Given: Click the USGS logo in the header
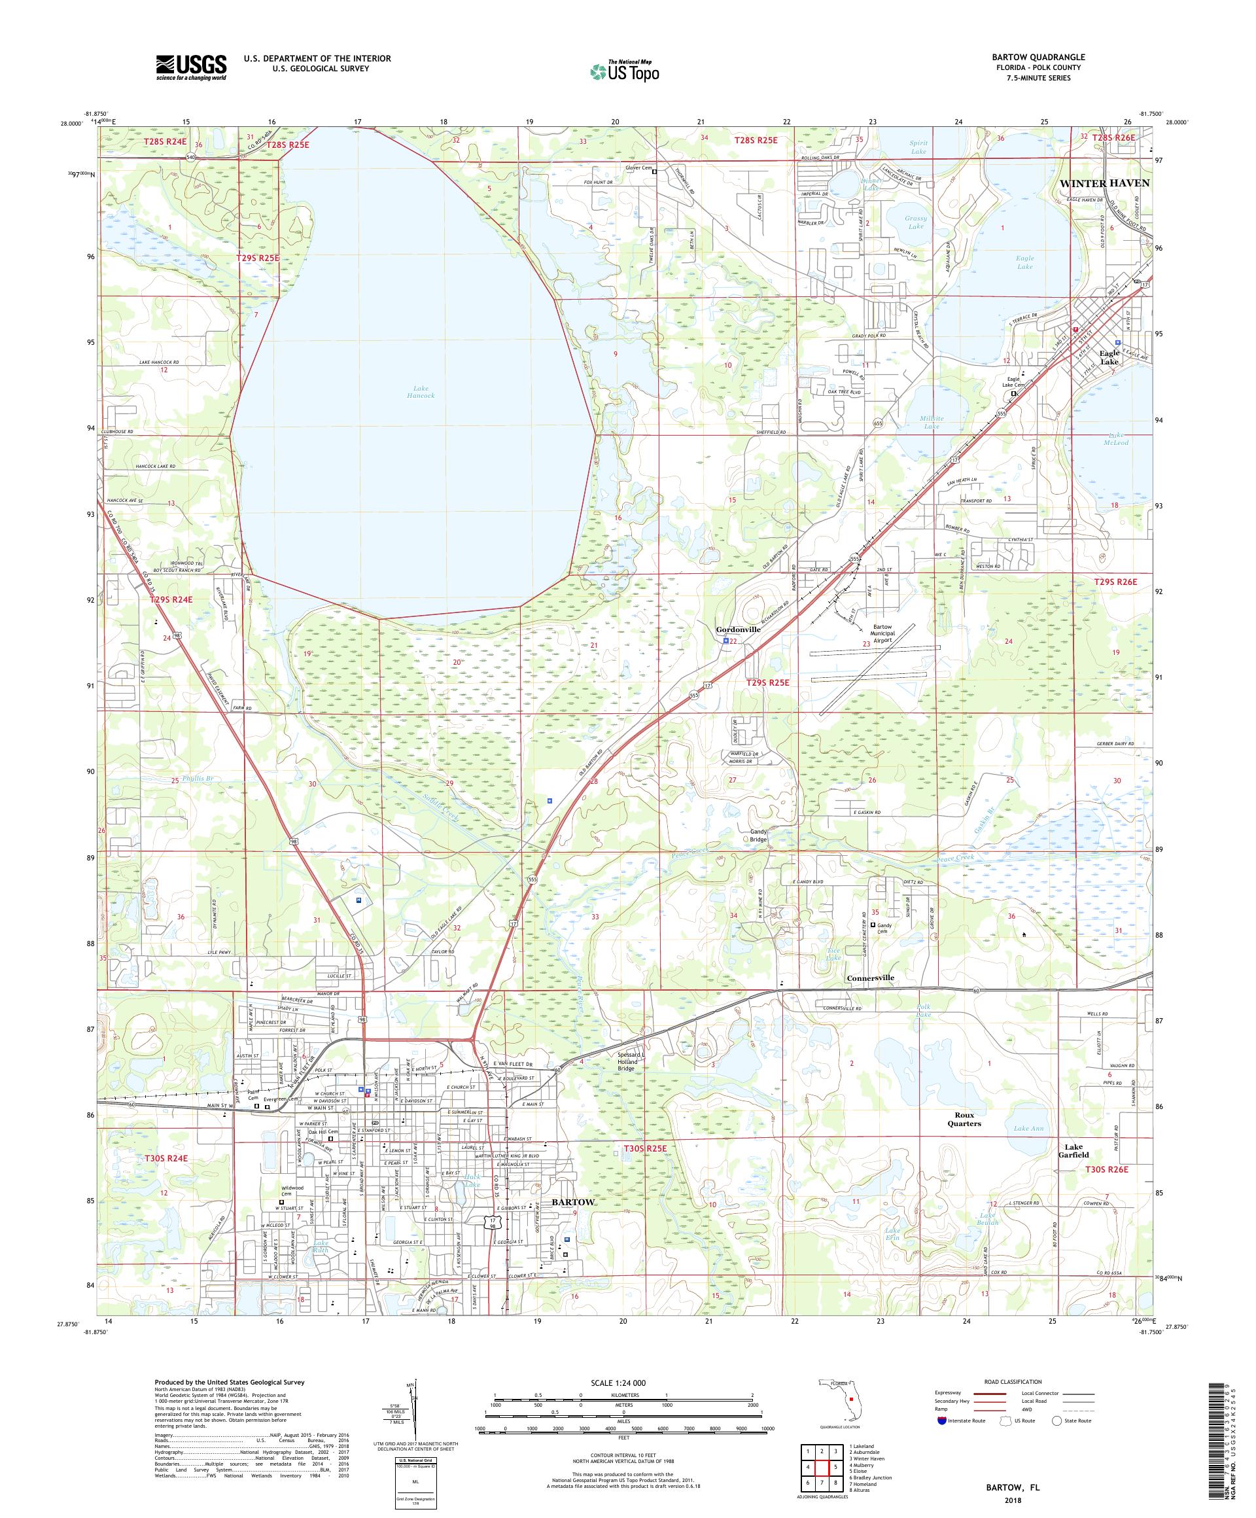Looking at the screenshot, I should (191, 68).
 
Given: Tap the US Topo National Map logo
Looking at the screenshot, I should (625, 71).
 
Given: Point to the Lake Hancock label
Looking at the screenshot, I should (420, 392).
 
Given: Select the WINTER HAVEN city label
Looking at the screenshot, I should (1104, 183).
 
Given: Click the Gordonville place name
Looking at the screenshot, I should (737, 629).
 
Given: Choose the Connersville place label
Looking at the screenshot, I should (870, 978).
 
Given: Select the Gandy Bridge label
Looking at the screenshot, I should (758, 836).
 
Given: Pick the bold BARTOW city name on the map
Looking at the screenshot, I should (573, 1201).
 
